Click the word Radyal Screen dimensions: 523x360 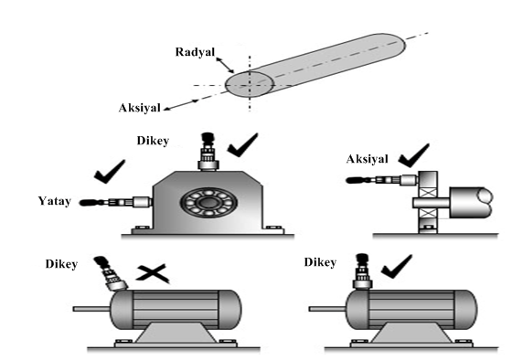[195, 52]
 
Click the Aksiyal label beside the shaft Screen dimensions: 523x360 [139, 108]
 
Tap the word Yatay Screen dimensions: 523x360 [54, 201]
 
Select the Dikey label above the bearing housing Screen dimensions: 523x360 [153, 141]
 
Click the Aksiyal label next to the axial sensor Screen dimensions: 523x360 [367, 159]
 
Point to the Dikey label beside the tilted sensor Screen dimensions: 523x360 [61, 264]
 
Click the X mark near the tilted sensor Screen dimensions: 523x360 [153, 273]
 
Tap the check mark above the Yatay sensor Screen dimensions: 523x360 [110, 172]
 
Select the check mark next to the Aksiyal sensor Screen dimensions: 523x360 [413, 155]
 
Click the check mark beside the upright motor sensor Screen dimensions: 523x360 [397, 267]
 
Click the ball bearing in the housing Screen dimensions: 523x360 [208, 203]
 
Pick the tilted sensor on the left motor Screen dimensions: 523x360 [111, 273]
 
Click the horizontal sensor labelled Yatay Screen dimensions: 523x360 [116, 202]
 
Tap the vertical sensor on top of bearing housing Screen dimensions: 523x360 [208, 152]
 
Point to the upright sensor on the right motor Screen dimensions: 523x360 [362, 271]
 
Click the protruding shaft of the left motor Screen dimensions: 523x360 [91, 309]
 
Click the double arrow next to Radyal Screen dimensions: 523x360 [225, 66]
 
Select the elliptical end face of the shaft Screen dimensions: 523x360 [250, 85]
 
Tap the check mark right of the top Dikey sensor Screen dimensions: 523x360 [243, 145]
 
